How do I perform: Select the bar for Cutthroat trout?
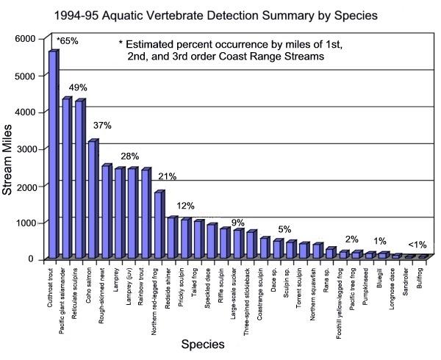pyautogui.click(x=53, y=154)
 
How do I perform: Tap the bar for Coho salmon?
pyautogui.click(x=93, y=198)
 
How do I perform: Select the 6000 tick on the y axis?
pyautogui.click(x=25, y=38)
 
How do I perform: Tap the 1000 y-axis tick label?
pyautogui.click(x=25, y=223)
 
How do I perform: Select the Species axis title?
pyautogui.click(x=225, y=343)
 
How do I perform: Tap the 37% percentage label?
pyautogui.click(x=102, y=126)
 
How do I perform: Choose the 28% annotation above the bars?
pyautogui.click(x=129, y=156)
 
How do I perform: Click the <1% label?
pyautogui.click(x=417, y=245)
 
